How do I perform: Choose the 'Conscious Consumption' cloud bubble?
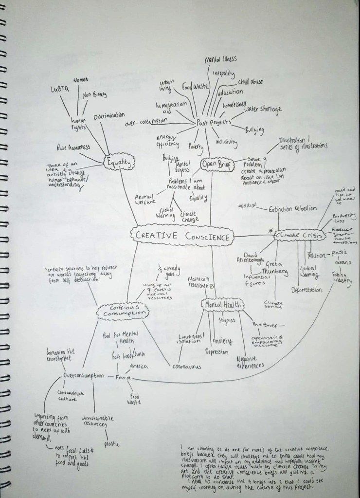coord(122,311)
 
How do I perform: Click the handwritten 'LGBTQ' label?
coord(60,90)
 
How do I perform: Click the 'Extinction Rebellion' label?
coord(292,208)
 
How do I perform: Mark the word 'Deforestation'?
coord(306,290)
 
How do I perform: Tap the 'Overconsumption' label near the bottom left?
coord(83,376)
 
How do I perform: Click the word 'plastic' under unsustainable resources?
coord(111,443)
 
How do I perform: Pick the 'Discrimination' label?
coord(109,116)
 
